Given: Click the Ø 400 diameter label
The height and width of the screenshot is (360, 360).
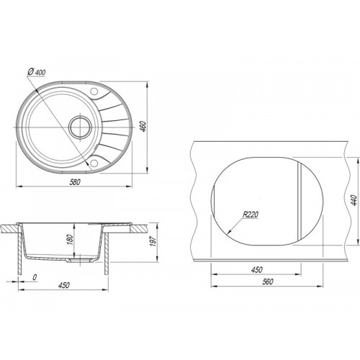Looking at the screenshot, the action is click(x=37, y=72).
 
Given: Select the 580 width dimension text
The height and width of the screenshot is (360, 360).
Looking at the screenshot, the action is click(x=75, y=182).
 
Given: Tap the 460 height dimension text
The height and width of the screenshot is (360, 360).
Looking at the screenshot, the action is click(x=143, y=126).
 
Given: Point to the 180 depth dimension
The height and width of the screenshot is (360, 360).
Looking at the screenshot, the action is click(x=70, y=240).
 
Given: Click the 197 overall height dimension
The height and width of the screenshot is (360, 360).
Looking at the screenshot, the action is click(x=153, y=241).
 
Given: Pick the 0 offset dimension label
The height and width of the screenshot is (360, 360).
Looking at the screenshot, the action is click(x=35, y=277).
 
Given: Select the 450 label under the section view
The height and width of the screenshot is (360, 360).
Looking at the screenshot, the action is click(x=64, y=285).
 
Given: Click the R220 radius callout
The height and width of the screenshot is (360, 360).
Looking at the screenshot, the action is click(x=251, y=215).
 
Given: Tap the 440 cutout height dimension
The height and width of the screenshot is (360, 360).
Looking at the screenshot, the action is click(x=354, y=200).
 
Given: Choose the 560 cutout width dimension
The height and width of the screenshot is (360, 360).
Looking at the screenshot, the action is click(x=268, y=282).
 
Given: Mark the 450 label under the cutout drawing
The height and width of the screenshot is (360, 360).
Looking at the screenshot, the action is click(x=256, y=270).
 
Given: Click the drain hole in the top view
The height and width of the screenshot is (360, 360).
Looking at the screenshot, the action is click(x=80, y=127).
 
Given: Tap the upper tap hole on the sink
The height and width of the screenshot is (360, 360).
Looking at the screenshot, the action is click(x=94, y=91).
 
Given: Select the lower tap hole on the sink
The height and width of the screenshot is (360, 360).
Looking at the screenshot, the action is click(x=94, y=163).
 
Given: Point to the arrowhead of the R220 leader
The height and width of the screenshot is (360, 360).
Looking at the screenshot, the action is click(x=229, y=232).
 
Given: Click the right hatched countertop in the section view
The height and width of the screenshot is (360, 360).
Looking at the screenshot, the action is click(x=138, y=229).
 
